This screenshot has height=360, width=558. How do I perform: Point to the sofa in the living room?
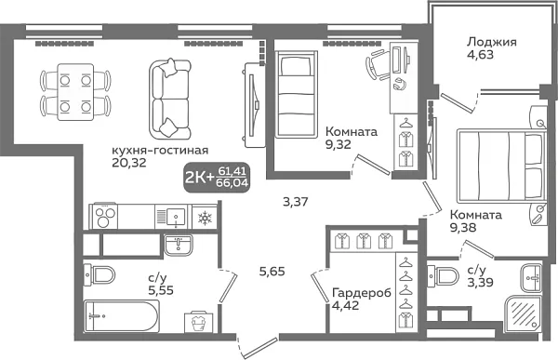[x=169, y=97]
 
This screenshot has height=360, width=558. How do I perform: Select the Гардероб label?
[x=357, y=295]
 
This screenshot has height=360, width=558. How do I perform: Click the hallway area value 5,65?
[x=272, y=272]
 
